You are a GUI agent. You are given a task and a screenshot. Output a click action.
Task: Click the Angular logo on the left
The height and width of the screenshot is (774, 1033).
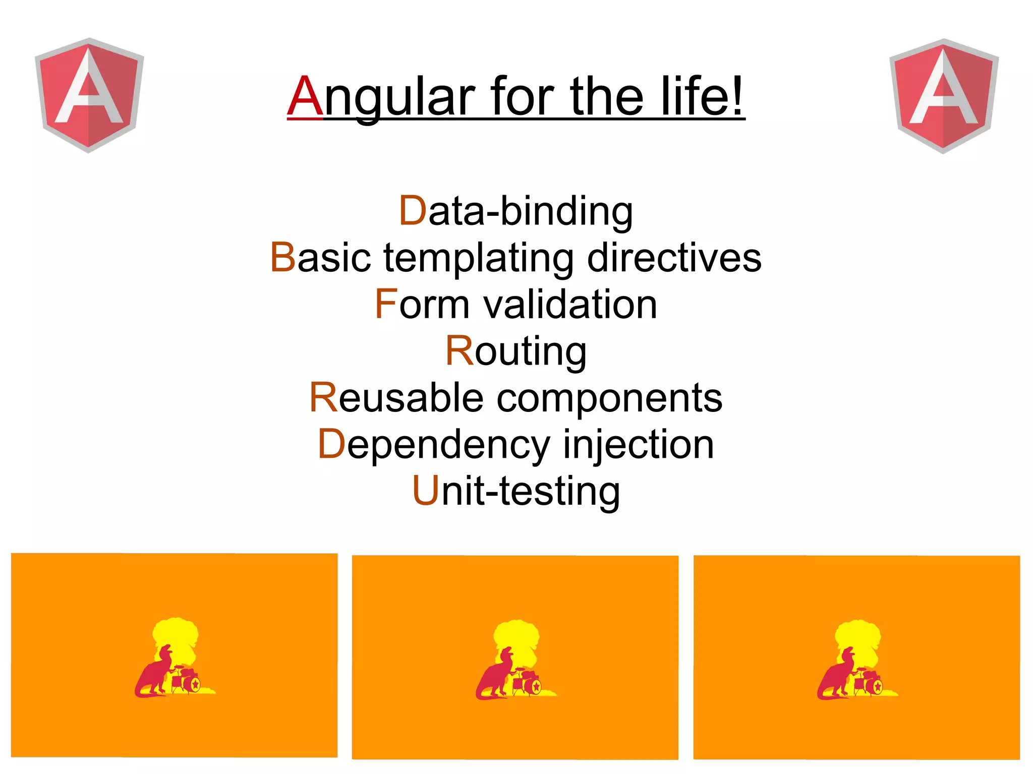89,95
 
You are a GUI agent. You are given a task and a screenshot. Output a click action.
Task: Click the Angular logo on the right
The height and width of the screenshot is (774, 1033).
944,96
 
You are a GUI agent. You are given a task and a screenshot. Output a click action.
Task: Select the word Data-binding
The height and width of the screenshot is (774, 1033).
515,211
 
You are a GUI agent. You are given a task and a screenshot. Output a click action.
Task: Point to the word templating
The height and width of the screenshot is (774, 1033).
479,258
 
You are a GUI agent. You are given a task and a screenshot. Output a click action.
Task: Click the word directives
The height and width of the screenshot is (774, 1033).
674,258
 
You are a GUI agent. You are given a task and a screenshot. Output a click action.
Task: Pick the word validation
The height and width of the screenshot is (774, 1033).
570,305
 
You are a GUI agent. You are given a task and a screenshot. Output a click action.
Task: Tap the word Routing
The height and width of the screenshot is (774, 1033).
515,351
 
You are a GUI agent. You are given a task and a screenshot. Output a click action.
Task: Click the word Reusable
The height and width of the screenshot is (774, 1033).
396,398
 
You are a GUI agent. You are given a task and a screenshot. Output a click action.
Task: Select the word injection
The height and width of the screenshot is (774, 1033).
639,445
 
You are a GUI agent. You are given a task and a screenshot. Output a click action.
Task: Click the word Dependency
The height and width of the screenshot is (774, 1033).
434,446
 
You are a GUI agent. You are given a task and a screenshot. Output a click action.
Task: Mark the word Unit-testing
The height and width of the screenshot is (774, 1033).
515,492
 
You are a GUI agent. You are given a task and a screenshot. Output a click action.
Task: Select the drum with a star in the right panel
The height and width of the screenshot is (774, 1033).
877,687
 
